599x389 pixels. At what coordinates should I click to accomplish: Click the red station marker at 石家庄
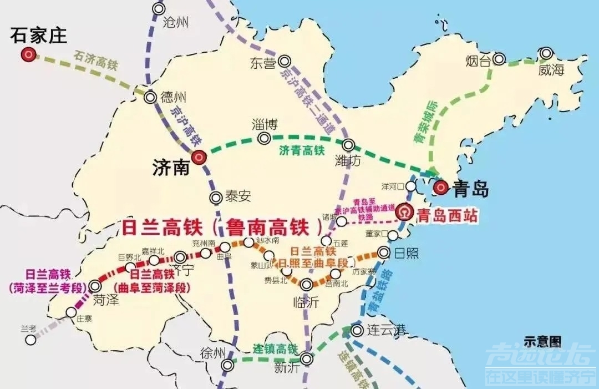pyautogui.click(x=28, y=54)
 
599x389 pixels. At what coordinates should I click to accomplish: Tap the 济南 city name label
pyautogui.click(x=170, y=168)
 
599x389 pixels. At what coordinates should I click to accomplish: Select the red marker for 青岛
pyautogui.click(x=441, y=188)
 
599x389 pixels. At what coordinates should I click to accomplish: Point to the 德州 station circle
pyautogui.click(x=150, y=98)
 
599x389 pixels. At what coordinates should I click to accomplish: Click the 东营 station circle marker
pyautogui.click(x=285, y=61)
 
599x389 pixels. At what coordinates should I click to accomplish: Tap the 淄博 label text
pyautogui.click(x=264, y=124)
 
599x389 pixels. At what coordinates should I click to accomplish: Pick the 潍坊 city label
pyautogui.click(x=348, y=161)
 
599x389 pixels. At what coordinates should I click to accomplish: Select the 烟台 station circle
pyautogui.click(x=500, y=58)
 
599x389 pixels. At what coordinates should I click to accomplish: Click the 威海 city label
pyautogui.click(x=550, y=70)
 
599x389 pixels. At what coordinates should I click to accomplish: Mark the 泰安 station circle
pyautogui.click(x=216, y=197)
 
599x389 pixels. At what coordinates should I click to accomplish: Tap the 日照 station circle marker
pyautogui.click(x=383, y=252)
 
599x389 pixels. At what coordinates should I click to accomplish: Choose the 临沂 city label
pyautogui.click(x=305, y=302)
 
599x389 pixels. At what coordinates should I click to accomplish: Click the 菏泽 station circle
pyautogui.click(x=95, y=286)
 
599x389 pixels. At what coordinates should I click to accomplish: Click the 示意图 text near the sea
pyautogui.click(x=542, y=340)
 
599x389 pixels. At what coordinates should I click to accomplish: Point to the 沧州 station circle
pyautogui.click(x=159, y=9)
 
